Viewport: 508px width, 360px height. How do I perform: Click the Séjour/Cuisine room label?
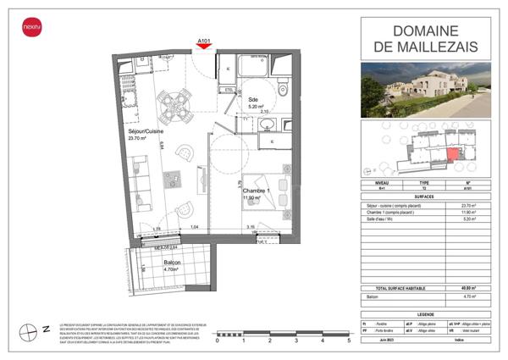[x=146, y=132]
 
